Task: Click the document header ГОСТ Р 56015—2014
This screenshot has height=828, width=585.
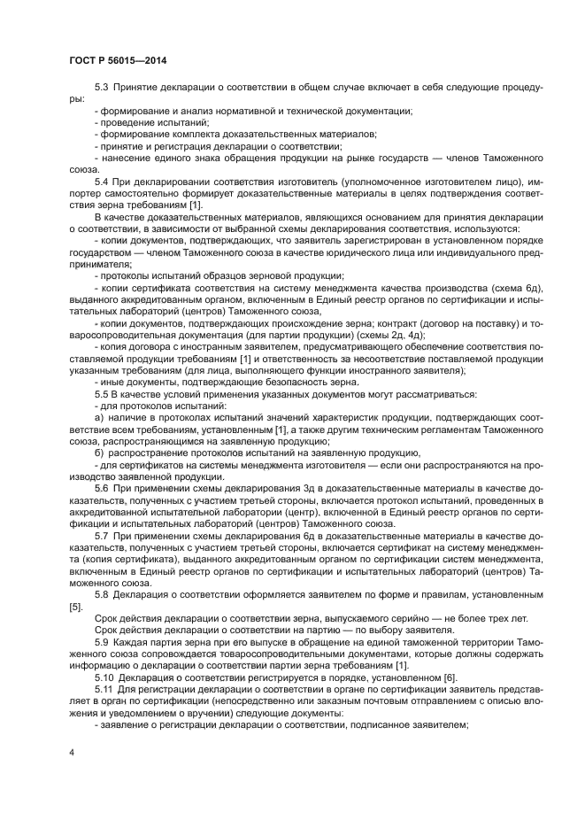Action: click(x=118, y=59)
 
